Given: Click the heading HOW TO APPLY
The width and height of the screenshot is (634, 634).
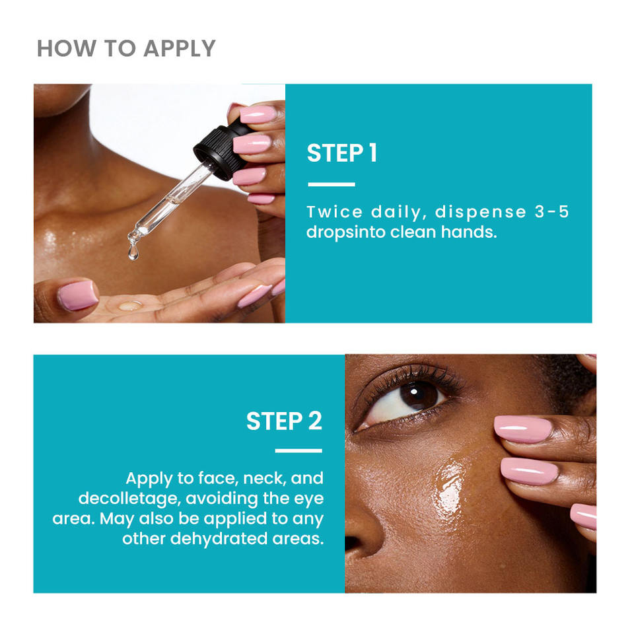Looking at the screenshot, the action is coord(126,48).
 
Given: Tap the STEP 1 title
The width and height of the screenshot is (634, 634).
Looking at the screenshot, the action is coord(342,153).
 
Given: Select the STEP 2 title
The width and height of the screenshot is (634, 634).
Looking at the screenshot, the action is coord(284,421).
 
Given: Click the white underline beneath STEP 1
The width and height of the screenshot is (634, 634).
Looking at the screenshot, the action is coord(332,184).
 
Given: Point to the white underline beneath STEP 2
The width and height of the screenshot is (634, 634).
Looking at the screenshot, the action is coord(299,450).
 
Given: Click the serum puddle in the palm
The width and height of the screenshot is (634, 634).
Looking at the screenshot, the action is coord(130,305).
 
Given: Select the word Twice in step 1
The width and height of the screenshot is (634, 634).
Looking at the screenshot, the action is coord(334,212).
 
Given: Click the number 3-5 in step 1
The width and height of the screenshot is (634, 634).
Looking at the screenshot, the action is coord(552,212).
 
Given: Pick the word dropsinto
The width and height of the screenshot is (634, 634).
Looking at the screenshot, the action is coord(345,232).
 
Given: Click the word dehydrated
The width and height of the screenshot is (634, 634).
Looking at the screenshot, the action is coord(219,539).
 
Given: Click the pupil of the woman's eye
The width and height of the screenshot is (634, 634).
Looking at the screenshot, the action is coord(419,396).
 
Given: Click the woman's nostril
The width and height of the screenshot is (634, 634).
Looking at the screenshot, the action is coord(353,542).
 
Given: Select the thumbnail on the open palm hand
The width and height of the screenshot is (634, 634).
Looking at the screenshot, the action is coord(78,296).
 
